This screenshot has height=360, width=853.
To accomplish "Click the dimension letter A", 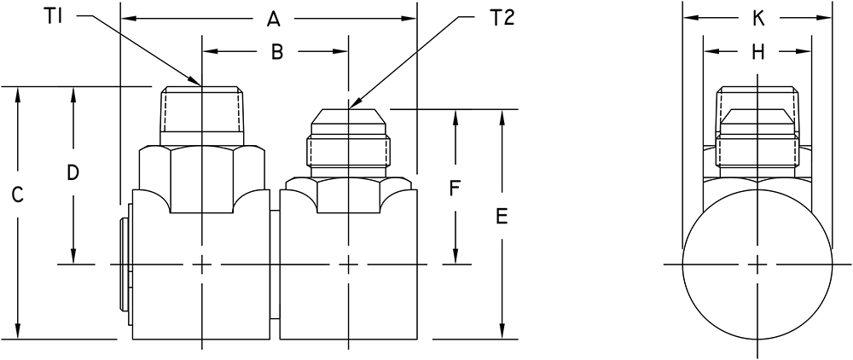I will click(274, 18).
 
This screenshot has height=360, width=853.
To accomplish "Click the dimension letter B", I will click(276, 52).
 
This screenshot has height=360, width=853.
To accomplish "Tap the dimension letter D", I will click(73, 173).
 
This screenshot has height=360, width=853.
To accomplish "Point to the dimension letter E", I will click(502, 218).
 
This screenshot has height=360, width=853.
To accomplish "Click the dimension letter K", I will click(758, 18).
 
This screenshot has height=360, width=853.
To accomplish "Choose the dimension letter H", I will click(758, 52).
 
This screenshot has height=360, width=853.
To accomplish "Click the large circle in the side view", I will click(757, 264).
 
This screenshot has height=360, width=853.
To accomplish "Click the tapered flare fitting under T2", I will click(348, 136).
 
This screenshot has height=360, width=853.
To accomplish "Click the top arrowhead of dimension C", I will click(17, 92).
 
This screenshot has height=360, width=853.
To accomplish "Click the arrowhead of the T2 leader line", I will click(351, 106).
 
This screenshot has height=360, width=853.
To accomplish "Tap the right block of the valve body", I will click(348, 273).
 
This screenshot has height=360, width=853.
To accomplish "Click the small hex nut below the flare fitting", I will click(348, 194).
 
